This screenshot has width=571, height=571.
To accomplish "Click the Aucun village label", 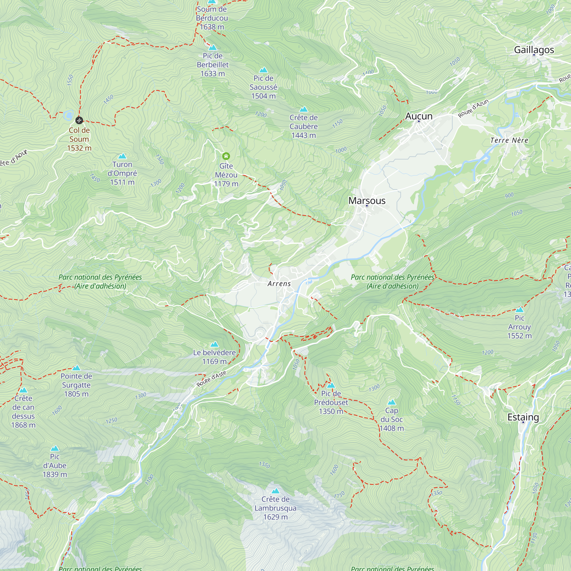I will tap(419, 116).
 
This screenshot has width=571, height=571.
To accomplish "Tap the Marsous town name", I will tap(367, 201).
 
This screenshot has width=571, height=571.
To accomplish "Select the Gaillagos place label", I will tap(534, 50).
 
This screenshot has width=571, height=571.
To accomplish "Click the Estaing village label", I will tap(523, 417).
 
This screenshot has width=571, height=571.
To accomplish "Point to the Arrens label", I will tap(279, 284).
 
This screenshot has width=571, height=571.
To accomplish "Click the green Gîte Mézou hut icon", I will tap(226, 156).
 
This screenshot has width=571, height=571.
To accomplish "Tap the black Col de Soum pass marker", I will tap(79, 120).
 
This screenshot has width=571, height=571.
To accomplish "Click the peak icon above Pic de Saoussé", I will tap(263, 70).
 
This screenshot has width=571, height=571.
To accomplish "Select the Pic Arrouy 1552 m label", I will tap(519, 327).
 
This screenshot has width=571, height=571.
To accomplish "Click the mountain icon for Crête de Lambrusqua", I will tap(276, 491).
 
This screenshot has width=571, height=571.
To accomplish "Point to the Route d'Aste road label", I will tap(211, 379).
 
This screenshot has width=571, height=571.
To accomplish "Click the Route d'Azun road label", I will tap(473, 108).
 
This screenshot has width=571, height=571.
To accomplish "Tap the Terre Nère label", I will tap(509, 140).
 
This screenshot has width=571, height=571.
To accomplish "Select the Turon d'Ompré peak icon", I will tap(122, 156).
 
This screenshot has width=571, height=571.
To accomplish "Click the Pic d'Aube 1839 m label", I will tap(55, 465).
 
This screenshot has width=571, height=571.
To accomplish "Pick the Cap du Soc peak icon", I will tap(391, 402).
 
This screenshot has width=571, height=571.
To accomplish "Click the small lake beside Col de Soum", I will tap(69, 114).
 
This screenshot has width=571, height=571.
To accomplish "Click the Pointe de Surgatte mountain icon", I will tap(76, 368).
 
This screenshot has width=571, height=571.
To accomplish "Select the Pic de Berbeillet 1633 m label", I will tap(212, 65).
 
